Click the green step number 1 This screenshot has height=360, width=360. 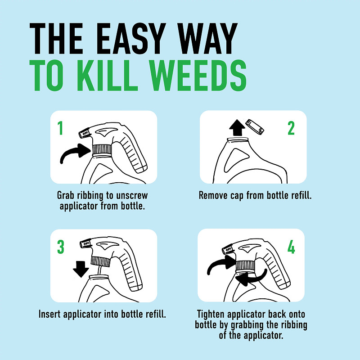[x=60, y=129]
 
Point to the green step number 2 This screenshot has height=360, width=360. [x=291, y=129]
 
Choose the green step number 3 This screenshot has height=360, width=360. [x=61, y=247]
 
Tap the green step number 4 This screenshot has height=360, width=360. [x=291, y=247]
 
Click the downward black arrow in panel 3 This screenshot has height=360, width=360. [x=81, y=269]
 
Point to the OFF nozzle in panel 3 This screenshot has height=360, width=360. [x=85, y=244]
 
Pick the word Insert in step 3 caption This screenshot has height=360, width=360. [x=51, y=314]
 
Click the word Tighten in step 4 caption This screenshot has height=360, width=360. [x=212, y=314]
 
